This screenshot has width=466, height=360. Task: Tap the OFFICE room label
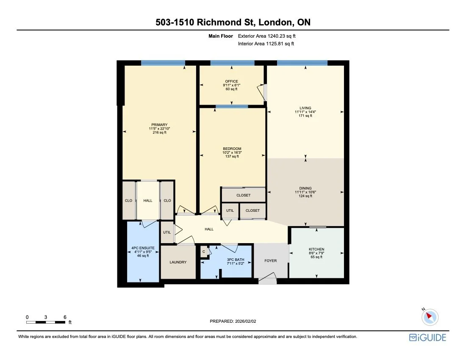click(x=231, y=81)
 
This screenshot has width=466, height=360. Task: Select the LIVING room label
click(x=305, y=108)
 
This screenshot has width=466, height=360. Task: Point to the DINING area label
click(x=305, y=188)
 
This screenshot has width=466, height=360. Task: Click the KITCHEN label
click(x=316, y=249)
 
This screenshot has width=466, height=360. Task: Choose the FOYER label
click(x=270, y=260)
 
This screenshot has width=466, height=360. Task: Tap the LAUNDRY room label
click(x=178, y=262)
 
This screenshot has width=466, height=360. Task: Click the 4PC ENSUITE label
click(x=142, y=248)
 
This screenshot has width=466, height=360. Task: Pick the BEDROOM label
click(x=232, y=149)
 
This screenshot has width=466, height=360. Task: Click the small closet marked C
click(x=204, y=252)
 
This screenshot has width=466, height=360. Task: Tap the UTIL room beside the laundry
click(x=167, y=233)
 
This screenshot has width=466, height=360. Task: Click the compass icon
click(x=430, y=316)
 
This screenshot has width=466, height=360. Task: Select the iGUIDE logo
click(x=427, y=338)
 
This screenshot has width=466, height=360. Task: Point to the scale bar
click(x=46, y=322)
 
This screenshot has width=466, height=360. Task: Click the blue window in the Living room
click(x=302, y=63)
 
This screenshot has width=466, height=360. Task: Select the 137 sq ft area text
click(x=232, y=156)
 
